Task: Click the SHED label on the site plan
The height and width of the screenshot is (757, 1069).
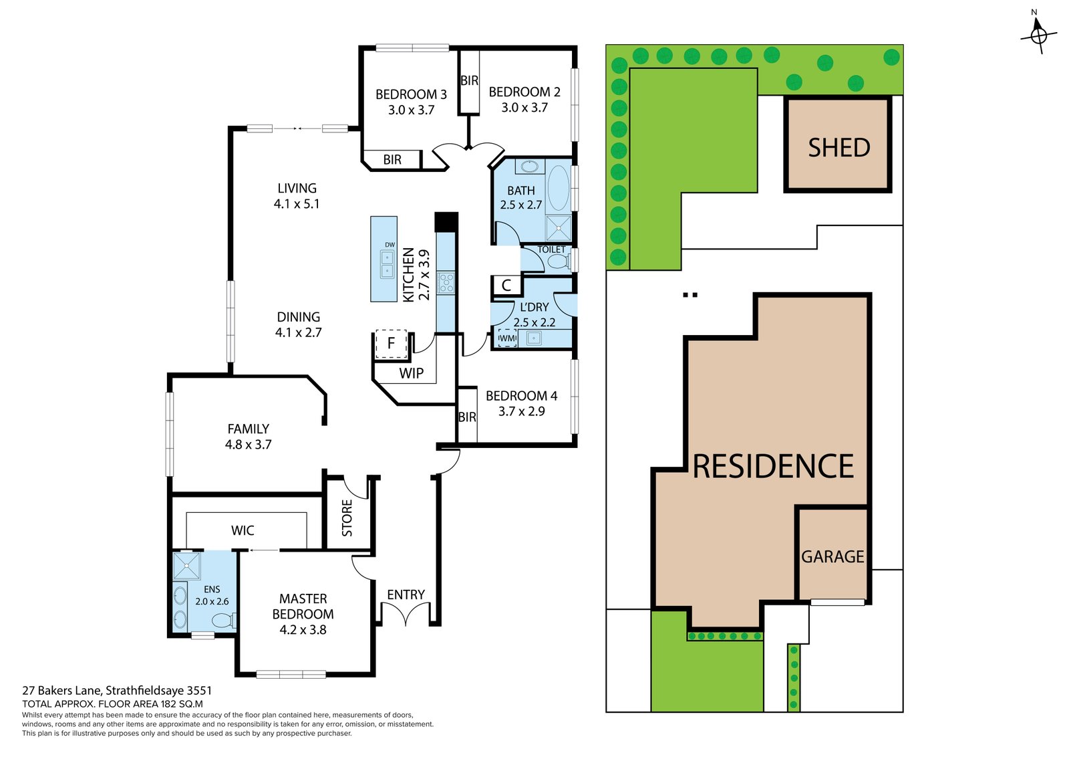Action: [839, 148]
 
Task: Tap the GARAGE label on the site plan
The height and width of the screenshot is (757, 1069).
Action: [832, 557]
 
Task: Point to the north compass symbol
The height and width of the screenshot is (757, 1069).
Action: [1038, 33]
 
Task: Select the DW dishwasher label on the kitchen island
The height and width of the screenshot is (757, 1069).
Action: [390, 245]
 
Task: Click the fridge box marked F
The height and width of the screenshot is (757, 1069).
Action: [392, 344]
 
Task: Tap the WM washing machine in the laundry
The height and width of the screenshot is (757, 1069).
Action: [507, 338]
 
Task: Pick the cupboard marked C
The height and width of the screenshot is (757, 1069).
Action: [506, 286]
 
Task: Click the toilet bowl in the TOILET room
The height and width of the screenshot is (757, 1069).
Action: [559, 261]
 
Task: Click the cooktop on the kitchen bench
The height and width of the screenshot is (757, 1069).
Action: [446, 282]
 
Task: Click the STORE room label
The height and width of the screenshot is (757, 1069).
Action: [347, 518]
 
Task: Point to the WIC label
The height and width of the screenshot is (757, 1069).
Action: [243, 530]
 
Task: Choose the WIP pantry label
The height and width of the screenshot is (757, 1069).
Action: [412, 373]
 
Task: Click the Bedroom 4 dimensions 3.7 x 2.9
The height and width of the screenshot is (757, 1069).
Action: [522, 411]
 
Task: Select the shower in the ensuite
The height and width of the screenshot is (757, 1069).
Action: [186, 566]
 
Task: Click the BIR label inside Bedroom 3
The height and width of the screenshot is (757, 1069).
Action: [392, 160]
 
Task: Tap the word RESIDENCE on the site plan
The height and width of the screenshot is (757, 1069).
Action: [773, 467]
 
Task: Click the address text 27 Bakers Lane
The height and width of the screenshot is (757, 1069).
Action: [61, 691]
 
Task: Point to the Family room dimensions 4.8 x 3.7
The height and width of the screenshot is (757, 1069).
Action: [248, 445]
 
